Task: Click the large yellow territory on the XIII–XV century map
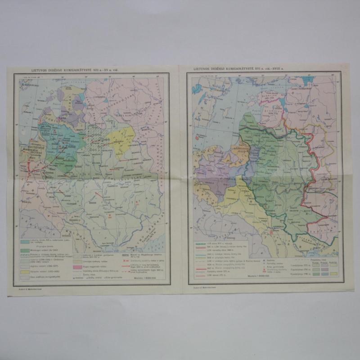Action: click(121, 137)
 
